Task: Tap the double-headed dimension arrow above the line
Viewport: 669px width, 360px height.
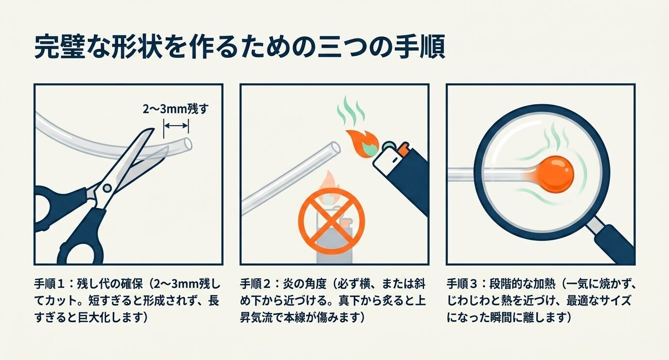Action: click(x=176, y=126)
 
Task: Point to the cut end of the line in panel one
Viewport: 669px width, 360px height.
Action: click(x=188, y=144)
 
